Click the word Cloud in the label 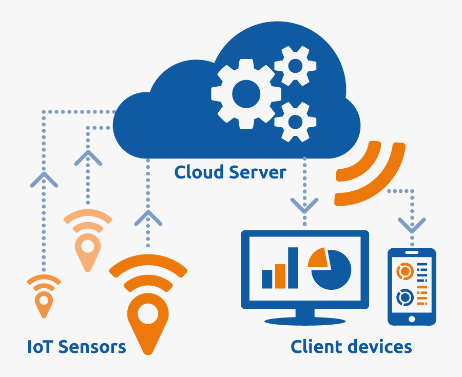click(x=198, y=172)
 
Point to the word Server click(x=258, y=172)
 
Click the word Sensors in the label click(x=92, y=346)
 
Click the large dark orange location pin click(x=148, y=339)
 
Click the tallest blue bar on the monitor click(x=293, y=268)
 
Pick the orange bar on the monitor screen click(x=280, y=276)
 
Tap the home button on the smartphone click(x=412, y=319)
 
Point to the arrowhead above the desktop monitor click(x=304, y=205)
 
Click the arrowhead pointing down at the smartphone click(x=412, y=225)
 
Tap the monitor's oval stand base click(x=305, y=321)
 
